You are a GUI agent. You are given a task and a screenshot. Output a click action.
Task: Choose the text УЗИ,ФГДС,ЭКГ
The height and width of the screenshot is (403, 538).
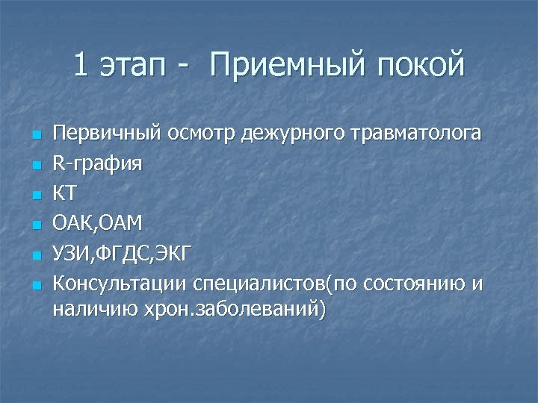(x=122, y=254)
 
